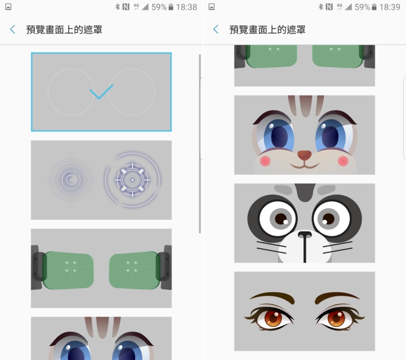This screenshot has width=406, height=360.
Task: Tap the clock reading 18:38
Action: pos(186,7)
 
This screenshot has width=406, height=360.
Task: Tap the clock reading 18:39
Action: pos(390,7)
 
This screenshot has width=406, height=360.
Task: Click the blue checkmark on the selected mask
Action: pos(101,91)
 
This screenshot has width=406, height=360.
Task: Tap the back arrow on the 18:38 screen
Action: pos(12,30)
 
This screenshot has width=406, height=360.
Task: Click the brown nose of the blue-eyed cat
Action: pos(305,155)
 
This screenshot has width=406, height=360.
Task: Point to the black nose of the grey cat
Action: pos(305,235)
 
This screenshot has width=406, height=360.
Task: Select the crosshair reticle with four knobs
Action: pos(133,180)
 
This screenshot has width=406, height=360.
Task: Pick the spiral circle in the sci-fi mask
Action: pos(71,179)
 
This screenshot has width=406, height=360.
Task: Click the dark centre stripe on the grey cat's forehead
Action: pos(305,192)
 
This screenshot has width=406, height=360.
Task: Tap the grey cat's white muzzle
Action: pos(305,248)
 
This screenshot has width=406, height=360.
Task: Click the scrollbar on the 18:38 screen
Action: pos(200,144)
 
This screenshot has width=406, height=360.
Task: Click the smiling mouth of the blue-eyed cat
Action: pos(305,165)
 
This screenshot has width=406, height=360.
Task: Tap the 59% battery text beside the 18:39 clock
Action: pos(362,7)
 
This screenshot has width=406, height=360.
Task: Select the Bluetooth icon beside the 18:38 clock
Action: pos(118,7)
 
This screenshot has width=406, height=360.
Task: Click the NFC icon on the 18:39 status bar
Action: pos(329,7)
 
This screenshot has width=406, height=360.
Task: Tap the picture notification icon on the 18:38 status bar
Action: pos(8,7)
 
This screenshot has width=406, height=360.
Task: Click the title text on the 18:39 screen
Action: pos(267,30)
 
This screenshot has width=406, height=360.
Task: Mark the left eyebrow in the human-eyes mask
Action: pos(272,297)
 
